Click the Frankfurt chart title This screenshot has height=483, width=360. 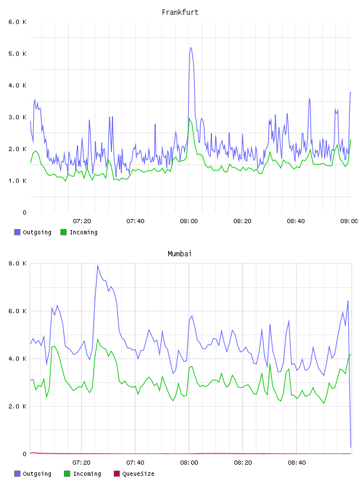click(180, 12)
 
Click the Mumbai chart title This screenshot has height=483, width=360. click(179, 254)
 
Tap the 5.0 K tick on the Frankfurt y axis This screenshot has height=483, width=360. click(18, 54)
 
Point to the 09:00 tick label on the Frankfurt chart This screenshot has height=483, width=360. click(349, 221)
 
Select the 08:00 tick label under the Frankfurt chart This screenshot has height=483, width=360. click(189, 221)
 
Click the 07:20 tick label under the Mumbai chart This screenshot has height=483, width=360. click(81, 463)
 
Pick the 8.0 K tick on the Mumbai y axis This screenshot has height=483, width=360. click(18, 263)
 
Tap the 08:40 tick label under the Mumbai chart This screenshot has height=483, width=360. click(297, 463)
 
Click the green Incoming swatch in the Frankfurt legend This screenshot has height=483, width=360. click(63, 232)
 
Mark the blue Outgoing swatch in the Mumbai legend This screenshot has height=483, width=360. click(17, 474)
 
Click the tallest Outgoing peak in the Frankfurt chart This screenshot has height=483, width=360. click(191, 47)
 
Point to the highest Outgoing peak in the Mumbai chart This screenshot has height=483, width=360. click(98, 265)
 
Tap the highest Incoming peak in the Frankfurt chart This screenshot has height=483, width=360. click(189, 118)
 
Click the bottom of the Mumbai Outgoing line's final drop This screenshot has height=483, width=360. click(351, 447)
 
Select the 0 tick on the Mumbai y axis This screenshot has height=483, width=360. click(24, 454)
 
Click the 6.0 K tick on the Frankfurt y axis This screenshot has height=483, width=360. click(18, 22)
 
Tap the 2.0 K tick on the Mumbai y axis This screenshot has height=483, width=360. click(18, 406)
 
